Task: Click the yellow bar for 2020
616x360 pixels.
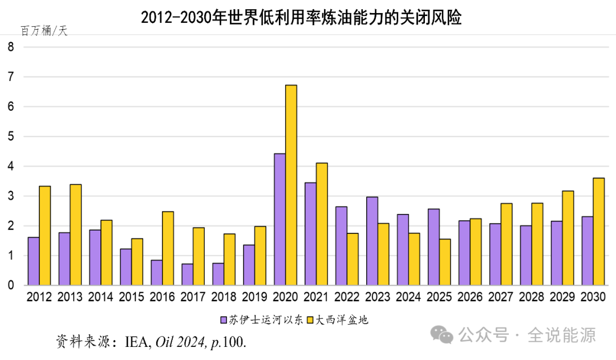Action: tap(291, 185)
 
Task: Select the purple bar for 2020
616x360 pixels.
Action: tap(279, 220)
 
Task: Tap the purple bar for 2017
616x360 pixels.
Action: tap(187, 274)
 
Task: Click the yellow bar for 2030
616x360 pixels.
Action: tap(598, 232)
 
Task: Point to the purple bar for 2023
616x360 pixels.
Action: tap(372, 241)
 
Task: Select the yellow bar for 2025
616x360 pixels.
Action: tap(444, 262)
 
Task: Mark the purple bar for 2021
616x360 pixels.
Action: tap(310, 234)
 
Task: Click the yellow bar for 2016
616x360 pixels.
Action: tap(168, 248)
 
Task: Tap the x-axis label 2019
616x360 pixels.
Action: tap(254, 297)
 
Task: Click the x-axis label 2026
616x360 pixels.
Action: tap(470, 297)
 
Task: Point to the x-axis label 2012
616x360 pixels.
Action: tap(39, 297)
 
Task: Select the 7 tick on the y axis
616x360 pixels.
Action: tap(11, 77)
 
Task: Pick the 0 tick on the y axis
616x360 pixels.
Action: tap(11, 285)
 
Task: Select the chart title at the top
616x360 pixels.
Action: tap(301, 18)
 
